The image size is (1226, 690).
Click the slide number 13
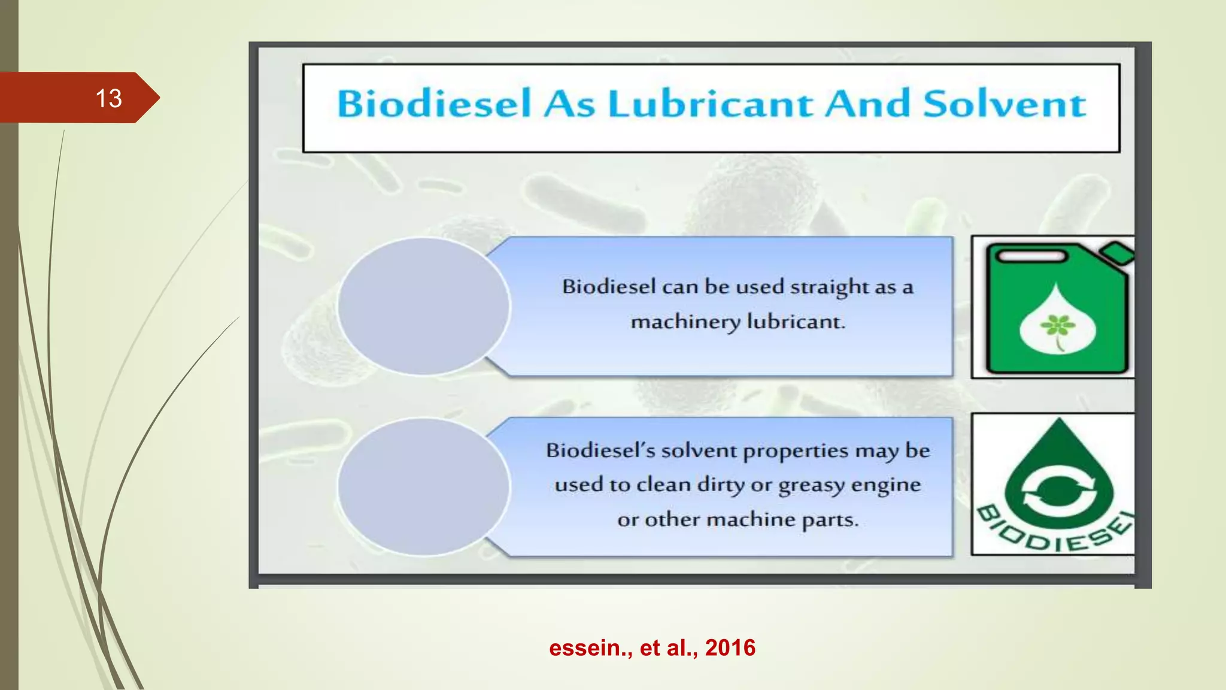108,98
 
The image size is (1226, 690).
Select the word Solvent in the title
1004,104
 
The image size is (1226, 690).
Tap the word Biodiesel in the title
434,104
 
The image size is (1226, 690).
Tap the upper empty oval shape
423,306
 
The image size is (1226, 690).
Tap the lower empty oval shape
423,486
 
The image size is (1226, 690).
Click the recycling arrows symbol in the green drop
1058,490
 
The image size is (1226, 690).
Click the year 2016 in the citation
730,648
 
